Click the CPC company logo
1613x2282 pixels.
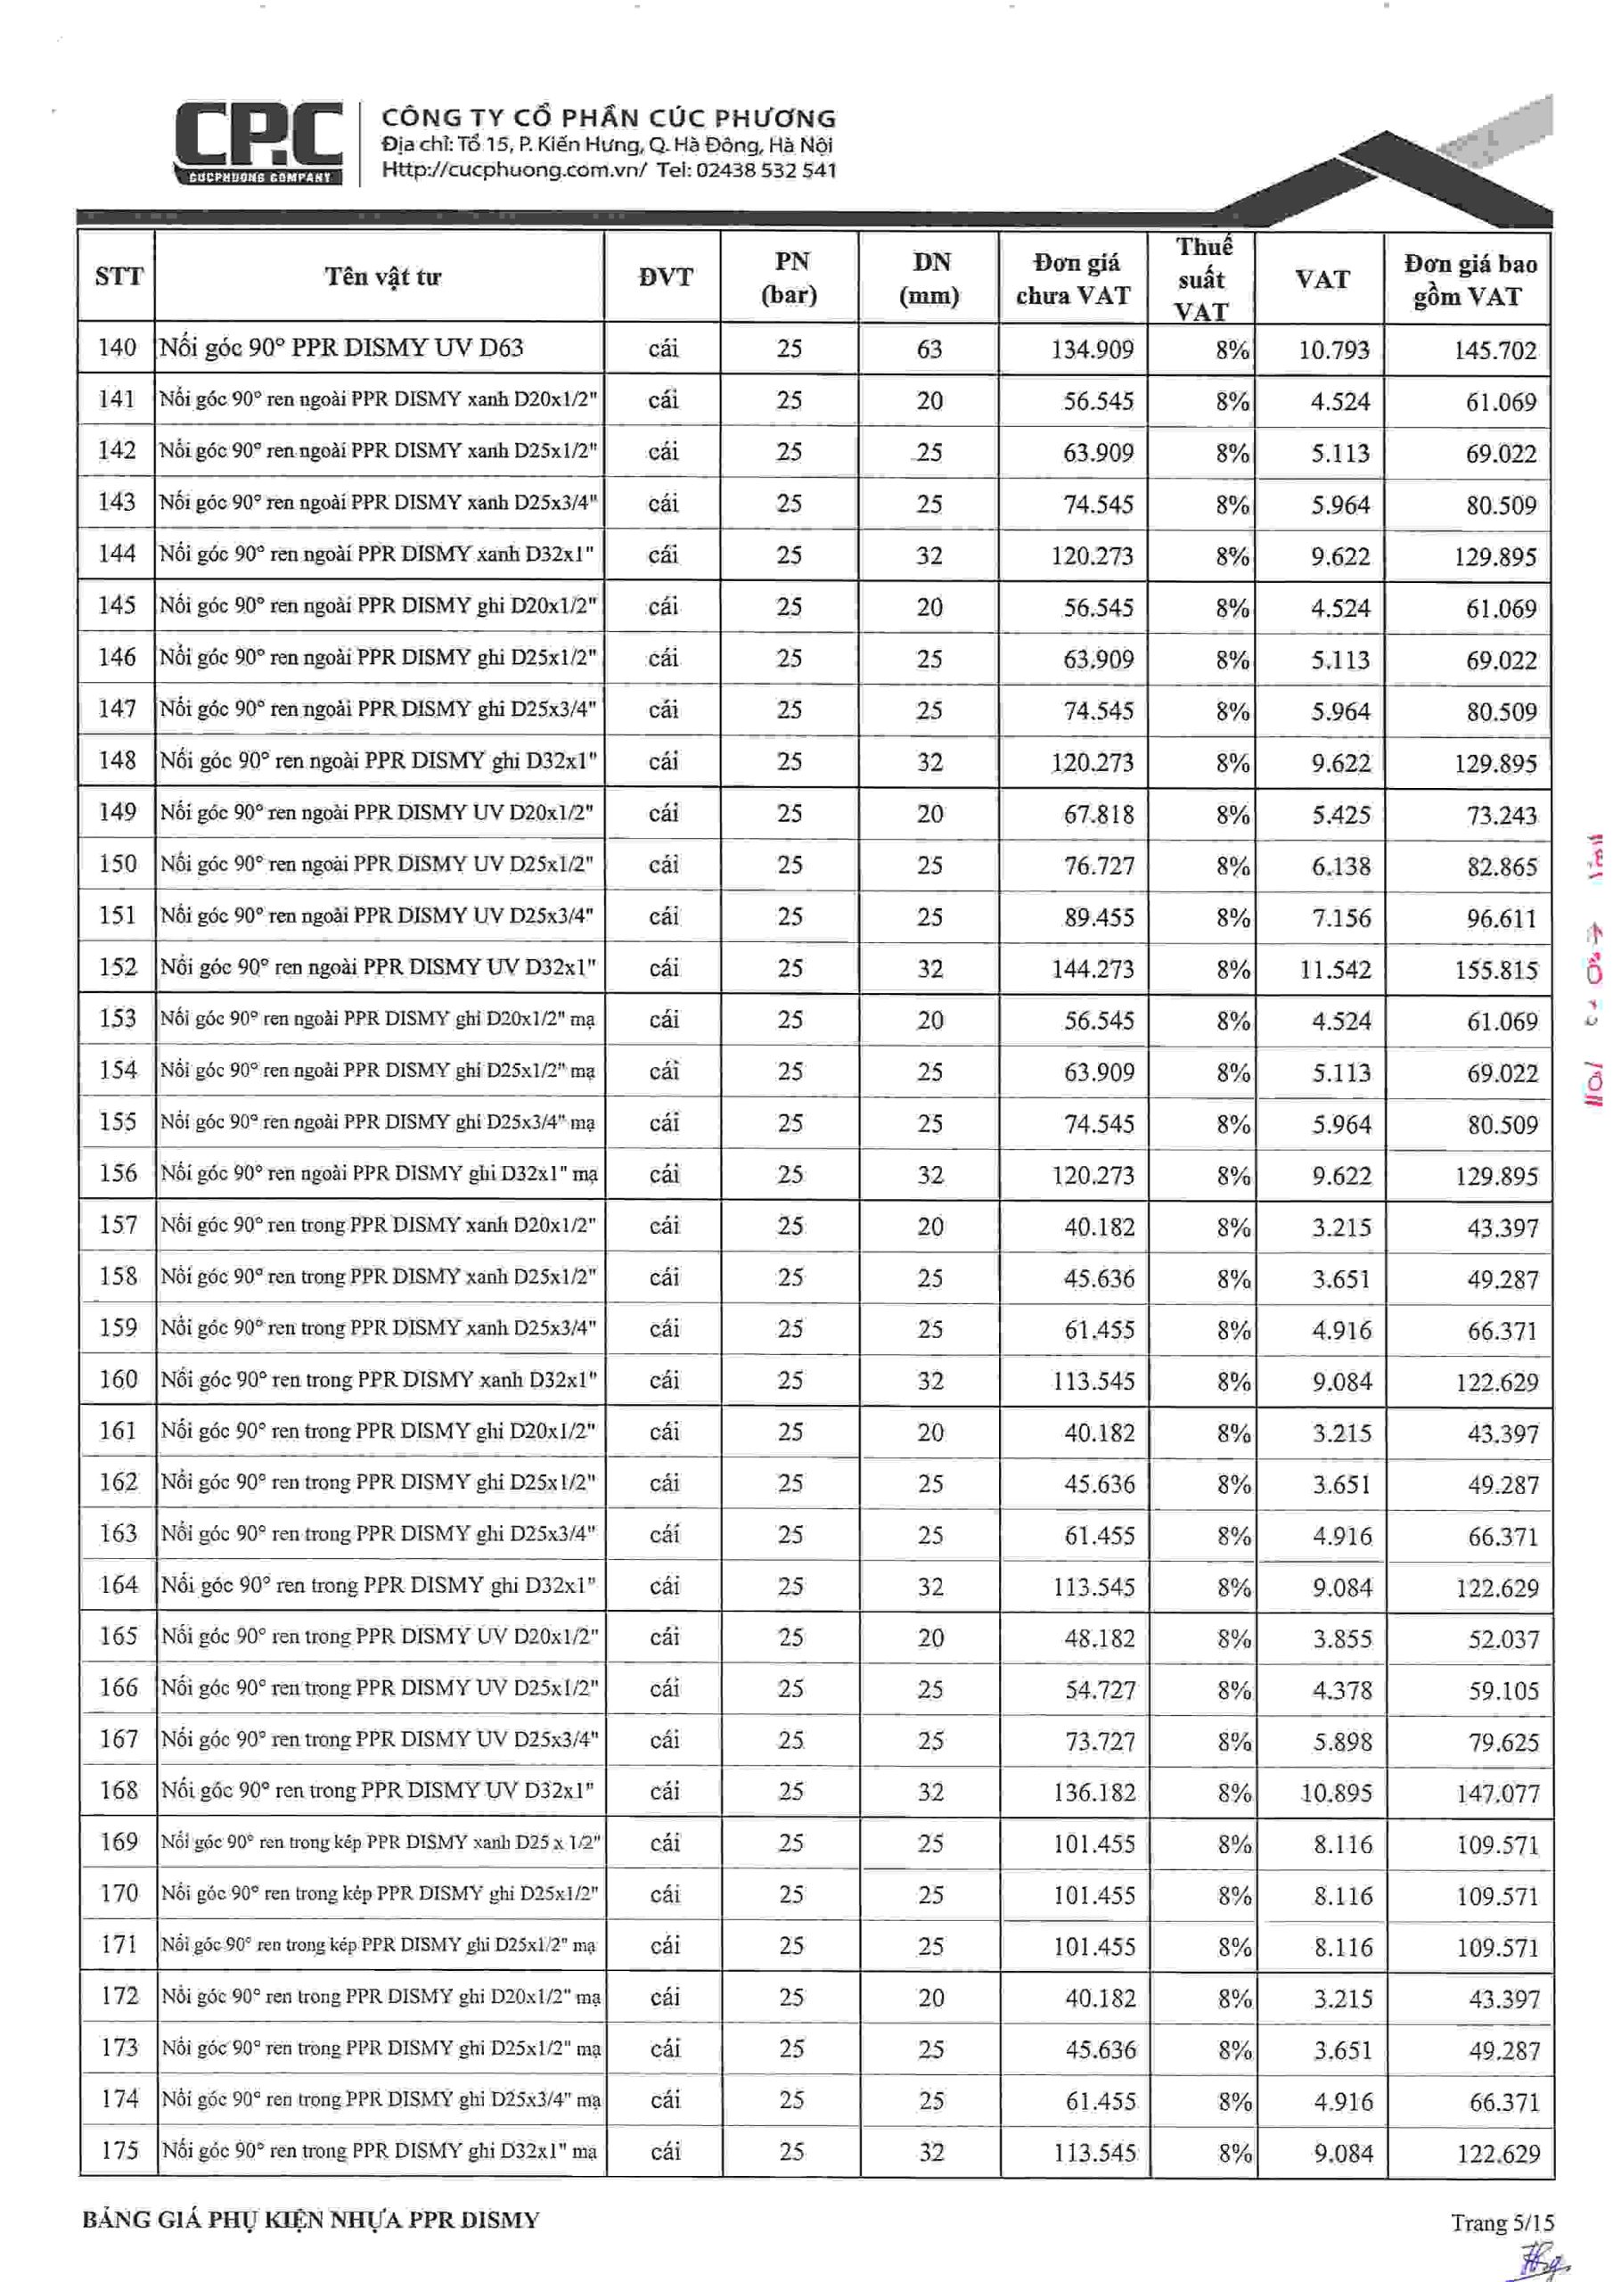[258, 144]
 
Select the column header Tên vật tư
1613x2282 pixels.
[381, 276]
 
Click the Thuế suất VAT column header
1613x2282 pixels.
[1201, 279]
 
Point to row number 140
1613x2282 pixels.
[118, 348]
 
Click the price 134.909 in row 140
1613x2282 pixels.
[1092, 349]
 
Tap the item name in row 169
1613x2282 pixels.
[381, 1843]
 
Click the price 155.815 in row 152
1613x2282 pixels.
[1495, 970]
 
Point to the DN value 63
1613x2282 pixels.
[929, 349]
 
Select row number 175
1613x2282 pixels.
[119, 2151]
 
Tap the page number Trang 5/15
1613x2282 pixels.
[1502, 2222]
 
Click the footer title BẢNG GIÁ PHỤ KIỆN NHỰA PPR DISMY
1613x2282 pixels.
[310, 2220]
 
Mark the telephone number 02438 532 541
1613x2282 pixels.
[766, 170]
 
